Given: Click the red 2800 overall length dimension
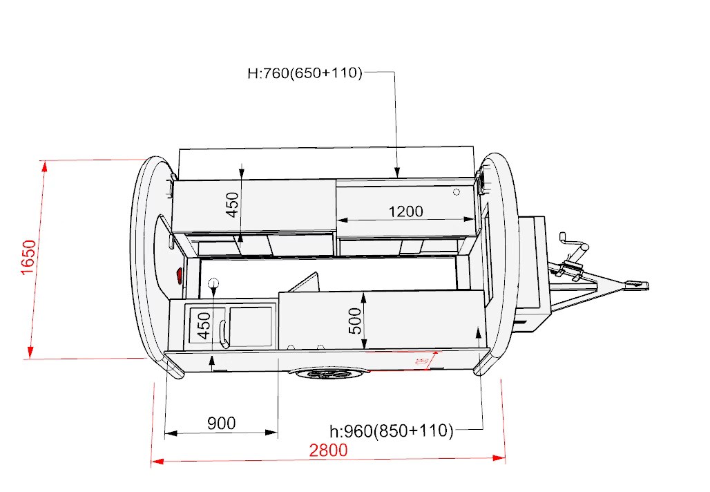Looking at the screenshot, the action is [328, 451].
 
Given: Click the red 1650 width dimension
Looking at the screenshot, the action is [28, 257].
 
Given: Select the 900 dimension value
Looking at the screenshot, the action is [222, 423].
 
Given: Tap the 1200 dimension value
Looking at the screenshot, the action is [405, 211].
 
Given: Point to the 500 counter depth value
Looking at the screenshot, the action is [356, 321].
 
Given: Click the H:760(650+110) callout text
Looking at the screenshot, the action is [305, 73].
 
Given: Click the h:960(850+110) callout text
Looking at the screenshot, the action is [391, 430].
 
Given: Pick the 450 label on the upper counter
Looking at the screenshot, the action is [232, 205].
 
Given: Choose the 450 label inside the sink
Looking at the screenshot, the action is [204, 325].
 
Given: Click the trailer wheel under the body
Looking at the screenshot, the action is [326, 374].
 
